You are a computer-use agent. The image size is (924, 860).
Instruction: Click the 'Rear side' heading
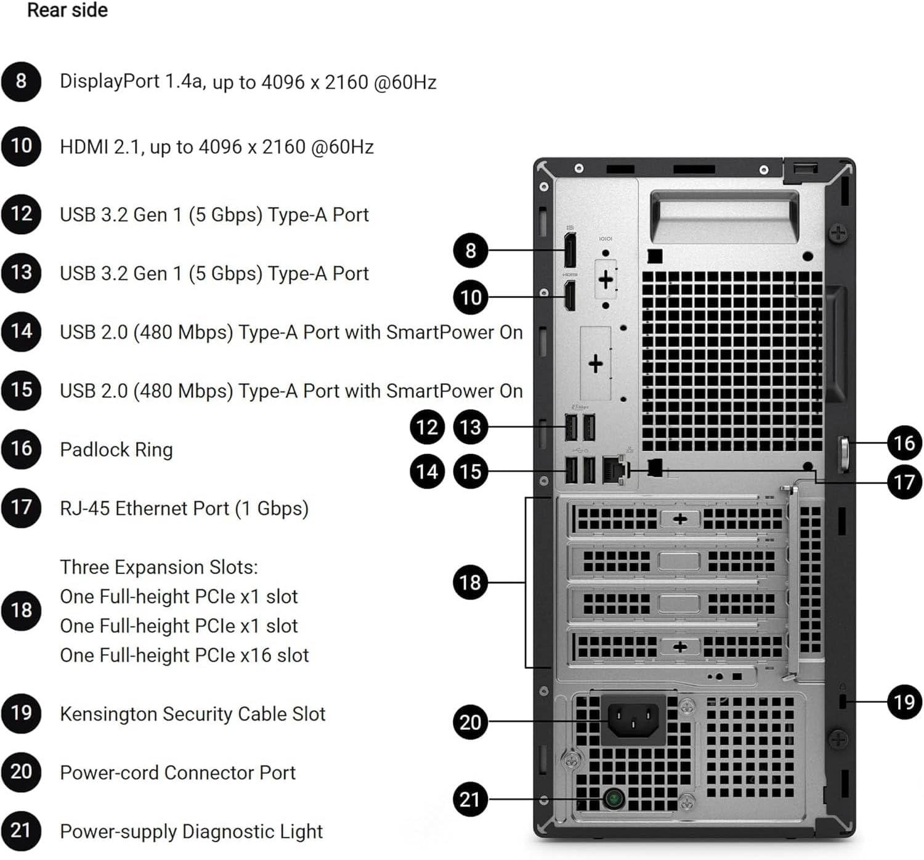tap(67, 10)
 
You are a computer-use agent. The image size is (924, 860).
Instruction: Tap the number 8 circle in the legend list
tap(21, 81)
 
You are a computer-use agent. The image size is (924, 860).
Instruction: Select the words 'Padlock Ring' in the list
tap(116, 450)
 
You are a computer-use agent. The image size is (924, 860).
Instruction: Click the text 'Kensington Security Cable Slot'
tap(192, 714)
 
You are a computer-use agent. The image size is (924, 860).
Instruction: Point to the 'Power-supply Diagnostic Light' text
tap(191, 832)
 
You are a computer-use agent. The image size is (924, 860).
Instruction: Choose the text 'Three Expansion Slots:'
tap(159, 567)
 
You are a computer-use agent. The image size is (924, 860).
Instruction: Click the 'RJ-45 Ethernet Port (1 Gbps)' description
tap(184, 508)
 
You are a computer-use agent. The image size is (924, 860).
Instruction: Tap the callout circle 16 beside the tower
tap(904, 442)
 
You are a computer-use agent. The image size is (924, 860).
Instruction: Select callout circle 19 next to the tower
tap(904, 702)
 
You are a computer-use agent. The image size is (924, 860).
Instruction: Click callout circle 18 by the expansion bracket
tap(470, 582)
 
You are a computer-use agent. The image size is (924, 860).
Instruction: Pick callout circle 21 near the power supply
tap(470, 800)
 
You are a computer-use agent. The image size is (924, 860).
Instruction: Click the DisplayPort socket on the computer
tap(570, 251)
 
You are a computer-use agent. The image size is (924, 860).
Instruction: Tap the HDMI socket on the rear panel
tap(570, 296)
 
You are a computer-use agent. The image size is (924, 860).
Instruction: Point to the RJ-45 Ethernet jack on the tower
tap(614, 471)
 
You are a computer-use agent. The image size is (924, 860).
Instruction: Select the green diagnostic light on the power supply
tap(613, 799)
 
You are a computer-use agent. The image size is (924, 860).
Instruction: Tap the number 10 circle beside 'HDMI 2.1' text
tap(21, 146)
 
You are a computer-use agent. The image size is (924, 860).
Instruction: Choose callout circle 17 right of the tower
tap(904, 482)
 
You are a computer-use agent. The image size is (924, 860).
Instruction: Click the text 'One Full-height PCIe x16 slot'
tap(184, 655)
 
